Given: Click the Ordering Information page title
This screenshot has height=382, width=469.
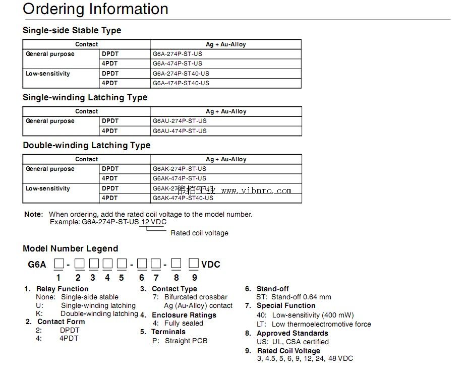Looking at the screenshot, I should point(95,9).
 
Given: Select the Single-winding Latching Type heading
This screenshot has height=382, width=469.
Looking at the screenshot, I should point(85,97).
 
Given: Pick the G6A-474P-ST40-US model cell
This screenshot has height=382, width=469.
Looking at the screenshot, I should point(181,83).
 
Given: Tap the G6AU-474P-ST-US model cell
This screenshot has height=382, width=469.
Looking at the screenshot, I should point(180,131).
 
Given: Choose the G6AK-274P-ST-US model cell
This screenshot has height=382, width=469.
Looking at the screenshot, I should point(180,169).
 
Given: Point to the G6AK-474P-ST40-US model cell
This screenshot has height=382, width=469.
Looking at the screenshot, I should point(183,198).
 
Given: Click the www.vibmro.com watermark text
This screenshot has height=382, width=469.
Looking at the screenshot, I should point(256,190).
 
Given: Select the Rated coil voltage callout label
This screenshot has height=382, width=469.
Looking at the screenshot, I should point(199,233).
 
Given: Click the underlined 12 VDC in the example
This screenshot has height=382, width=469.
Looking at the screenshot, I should point(153,222).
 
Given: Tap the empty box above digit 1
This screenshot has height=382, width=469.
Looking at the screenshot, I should point(58,264).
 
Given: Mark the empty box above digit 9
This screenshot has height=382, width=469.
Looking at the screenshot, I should point(194,264).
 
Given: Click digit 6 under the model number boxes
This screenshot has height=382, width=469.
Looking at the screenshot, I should point(142,278).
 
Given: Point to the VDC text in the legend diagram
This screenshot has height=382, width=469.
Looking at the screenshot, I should point(211,264).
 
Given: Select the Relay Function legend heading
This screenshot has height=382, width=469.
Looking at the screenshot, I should point(62,289).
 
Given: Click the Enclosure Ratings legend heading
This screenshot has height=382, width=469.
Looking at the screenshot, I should point(184,315).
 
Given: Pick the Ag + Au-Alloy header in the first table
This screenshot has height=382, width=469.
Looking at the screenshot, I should point(225,44).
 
